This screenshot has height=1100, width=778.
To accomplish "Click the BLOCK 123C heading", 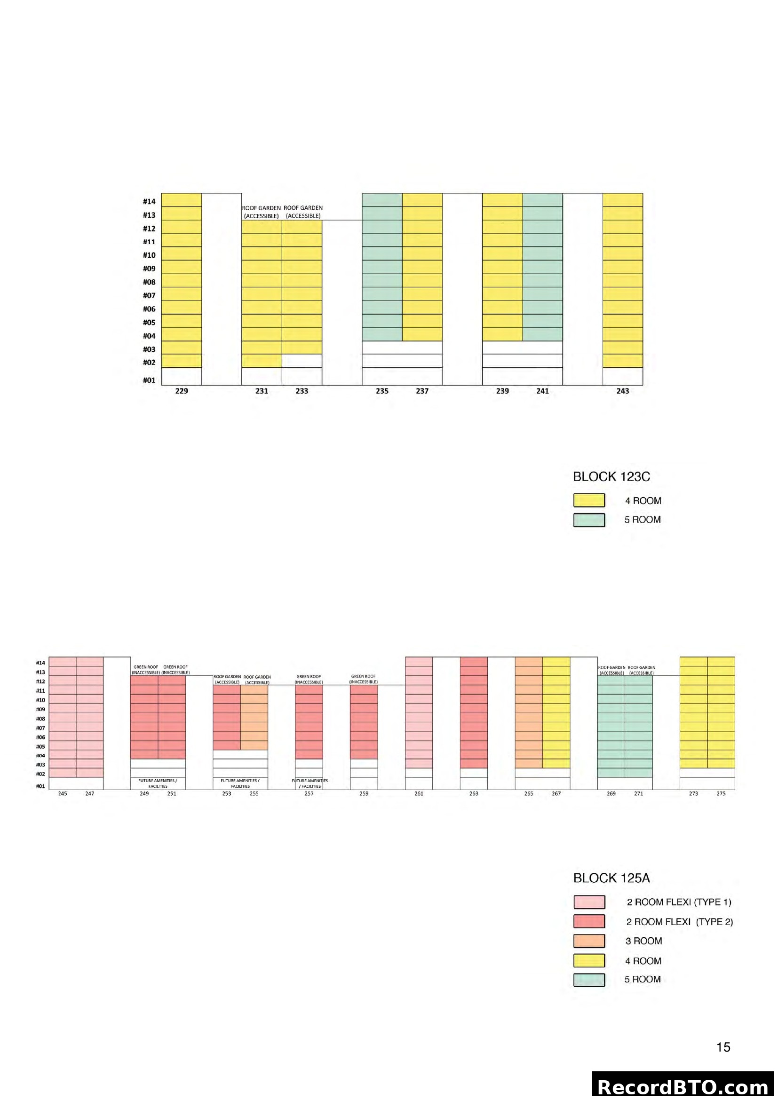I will (611, 477).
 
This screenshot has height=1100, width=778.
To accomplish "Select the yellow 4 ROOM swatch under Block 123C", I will (589, 500).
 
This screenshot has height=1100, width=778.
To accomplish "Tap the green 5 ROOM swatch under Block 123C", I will (589, 520).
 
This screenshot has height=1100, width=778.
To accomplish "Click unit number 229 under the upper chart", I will (182, 391).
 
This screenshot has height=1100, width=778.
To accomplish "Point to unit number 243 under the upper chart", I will (622, 391).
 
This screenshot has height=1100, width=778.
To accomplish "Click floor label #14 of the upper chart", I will (149, 202).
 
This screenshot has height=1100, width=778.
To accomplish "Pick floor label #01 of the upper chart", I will (149, 380).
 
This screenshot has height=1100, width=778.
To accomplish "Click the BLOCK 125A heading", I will (611, 878).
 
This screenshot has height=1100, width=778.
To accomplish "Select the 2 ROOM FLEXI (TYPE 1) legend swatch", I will (589, 902).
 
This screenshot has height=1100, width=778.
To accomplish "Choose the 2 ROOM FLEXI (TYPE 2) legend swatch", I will (589, 921).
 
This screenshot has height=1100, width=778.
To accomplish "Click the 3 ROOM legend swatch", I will (589, 941).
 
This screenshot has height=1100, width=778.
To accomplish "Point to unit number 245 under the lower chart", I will (62, 794).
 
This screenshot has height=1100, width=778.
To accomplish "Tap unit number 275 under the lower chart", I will (721, 794).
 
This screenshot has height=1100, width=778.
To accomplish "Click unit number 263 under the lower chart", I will (473, 794).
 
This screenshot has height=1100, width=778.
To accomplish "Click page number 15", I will (723, 1047).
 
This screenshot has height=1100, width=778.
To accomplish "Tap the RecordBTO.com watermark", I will (683, 1086).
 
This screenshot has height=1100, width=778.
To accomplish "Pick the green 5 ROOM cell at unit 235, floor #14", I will (382, 200).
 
